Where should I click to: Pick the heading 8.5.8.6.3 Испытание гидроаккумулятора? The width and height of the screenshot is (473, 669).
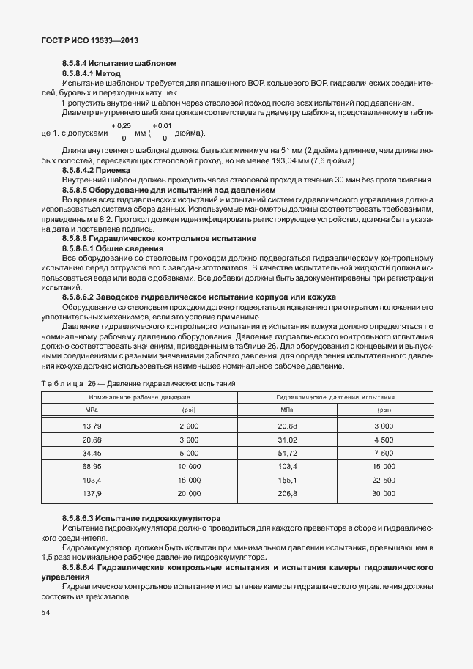click(141, 518)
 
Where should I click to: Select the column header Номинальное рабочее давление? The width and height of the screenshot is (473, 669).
click(139, 397)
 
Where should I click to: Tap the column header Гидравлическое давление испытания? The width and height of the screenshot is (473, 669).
click(335, 397)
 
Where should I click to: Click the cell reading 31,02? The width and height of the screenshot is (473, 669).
click(288, 440)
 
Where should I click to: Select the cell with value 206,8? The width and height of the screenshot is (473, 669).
click(288, 495)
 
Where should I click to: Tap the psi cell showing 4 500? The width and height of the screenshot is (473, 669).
click(384, 440)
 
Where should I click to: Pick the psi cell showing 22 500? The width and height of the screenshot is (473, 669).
click(384, 481)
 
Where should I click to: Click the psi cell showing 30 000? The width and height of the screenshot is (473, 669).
click(384, 495)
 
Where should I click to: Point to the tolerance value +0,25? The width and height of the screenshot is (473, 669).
click(121, 127)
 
